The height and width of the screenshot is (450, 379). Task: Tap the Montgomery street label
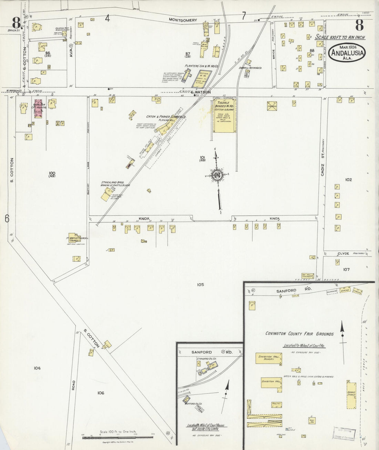[x=183, y=20]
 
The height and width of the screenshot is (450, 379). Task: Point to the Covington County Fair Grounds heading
[x=299, y=334]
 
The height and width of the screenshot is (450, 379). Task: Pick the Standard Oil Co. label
[x=206, y=359]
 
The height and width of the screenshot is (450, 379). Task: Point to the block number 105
[x=201, y=284]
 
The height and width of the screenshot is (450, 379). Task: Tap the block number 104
[x=37, y=368]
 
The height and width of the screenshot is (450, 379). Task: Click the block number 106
[x=101, y=393]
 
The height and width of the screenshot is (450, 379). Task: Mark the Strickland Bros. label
[x=112, y=183]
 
